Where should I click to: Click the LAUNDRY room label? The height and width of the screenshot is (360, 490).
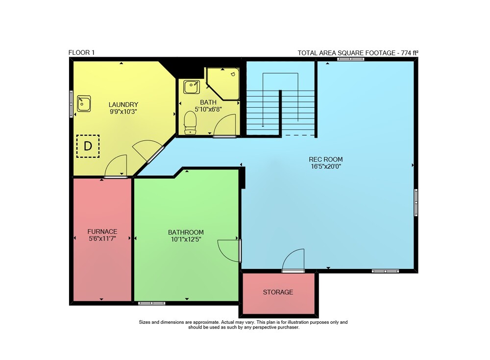click(x=123, y=105)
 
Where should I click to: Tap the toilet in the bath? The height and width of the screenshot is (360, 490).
click(x=190, y=123)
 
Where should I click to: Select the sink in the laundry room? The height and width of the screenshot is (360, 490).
click(x=84, y=103)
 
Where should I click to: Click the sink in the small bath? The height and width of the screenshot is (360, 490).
click(x=191, y=87)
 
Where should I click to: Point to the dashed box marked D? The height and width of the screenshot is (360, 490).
click(x=88, y=146)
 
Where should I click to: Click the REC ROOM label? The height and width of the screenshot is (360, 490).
click(x=326, y=159)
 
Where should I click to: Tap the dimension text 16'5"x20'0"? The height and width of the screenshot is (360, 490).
click(x=326, y=166)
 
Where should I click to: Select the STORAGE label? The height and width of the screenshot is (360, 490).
click(x=278, y=292)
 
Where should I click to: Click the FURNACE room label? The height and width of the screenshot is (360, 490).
click(x=102, y=232)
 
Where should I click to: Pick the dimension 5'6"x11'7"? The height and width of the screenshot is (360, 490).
click(x=102, y=239)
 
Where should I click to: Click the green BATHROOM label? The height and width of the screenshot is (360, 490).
click(x=186, y=232)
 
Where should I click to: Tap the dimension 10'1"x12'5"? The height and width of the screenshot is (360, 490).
click(x=186, y=240)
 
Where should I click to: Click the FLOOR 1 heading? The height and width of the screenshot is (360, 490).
click(x=81, y=52)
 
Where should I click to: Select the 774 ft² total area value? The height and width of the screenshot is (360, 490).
click(x=409, y=53)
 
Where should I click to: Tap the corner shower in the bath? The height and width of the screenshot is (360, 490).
click(x=223, y=83)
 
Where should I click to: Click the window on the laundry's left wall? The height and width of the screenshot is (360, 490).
click(x=71, y=104)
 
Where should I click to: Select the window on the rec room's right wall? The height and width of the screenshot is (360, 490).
click(x=416, y=202)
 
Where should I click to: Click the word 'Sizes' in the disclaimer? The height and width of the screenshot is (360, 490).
click(x=145, y=322)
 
